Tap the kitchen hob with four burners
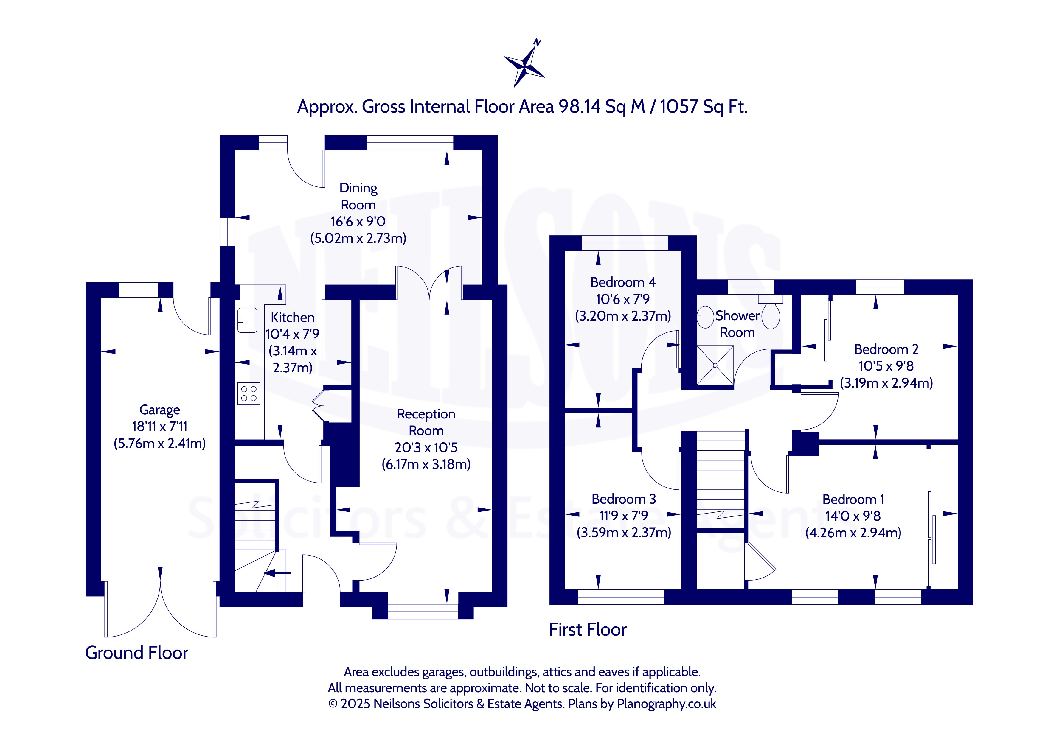coord(249,393)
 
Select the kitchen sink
coord(247,320)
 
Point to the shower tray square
coord(715,365)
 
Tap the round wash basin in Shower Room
coord(705,317)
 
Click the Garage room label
coord(159,410)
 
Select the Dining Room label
coord(358,196)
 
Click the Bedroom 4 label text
coord(623,282)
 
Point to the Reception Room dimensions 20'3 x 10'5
coord(426,447)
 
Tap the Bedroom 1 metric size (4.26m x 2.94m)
coord(853,532)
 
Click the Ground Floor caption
coord(136,653)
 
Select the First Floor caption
coord(588,629)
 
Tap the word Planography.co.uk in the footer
coord(666,704)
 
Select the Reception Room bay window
coord(423,611)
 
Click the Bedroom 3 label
coord(624,499)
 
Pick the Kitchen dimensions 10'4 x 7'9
coord(292,334)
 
